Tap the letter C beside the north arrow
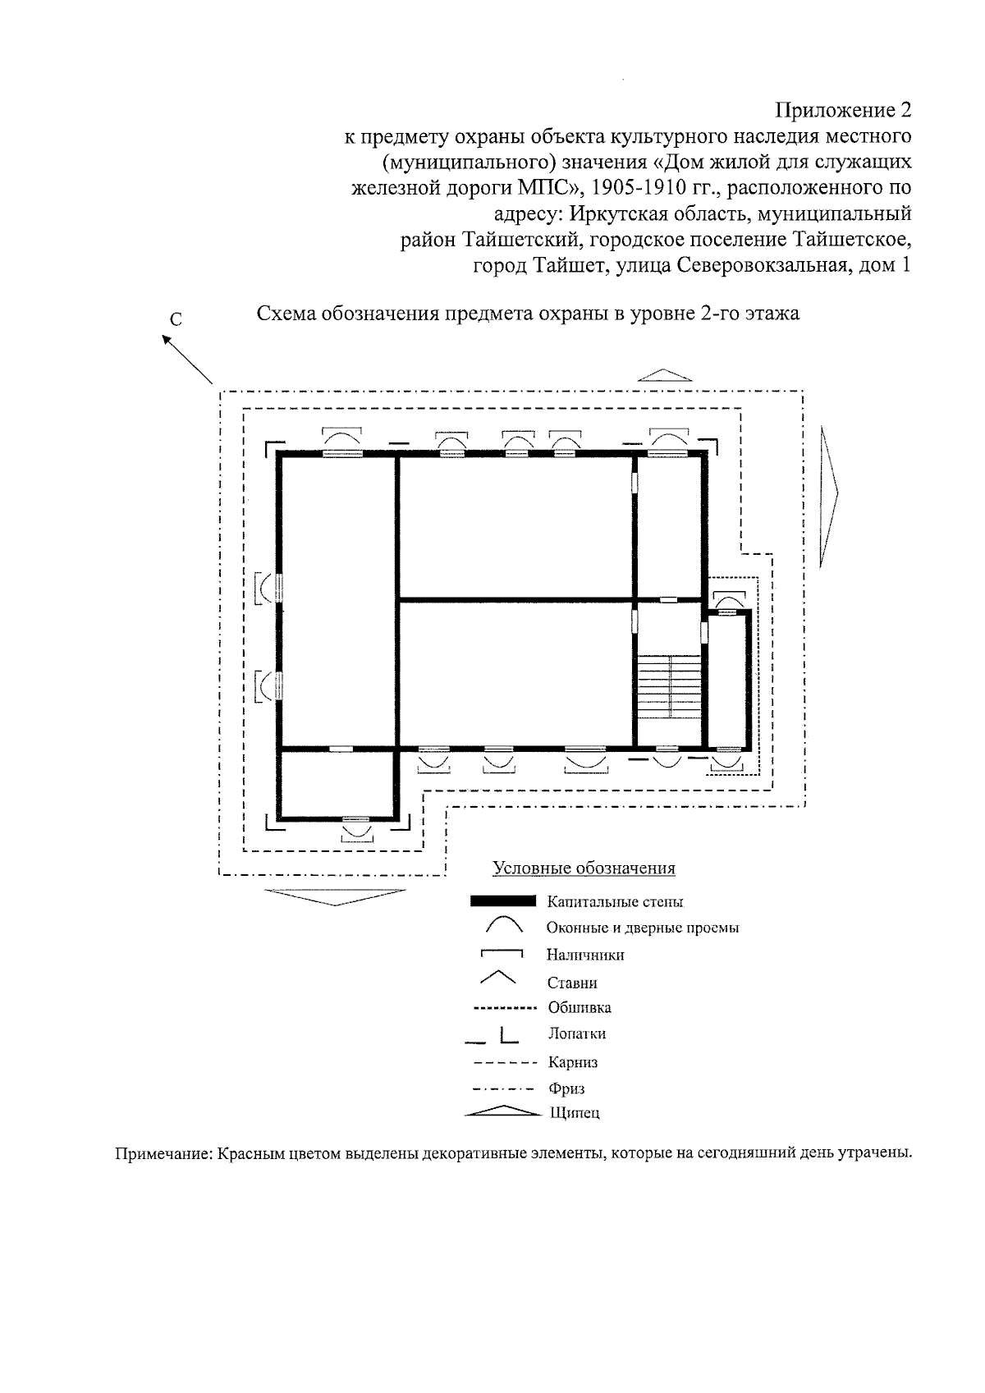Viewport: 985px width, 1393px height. (x=176, y=320)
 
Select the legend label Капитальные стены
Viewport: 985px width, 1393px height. (x=615, y=902)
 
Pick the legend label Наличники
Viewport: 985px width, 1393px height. (x=585, y=955)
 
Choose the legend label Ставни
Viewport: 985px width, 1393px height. (x=572, y=983)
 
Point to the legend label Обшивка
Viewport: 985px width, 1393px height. (x=580, y=1007)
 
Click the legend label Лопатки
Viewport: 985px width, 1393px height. (x=576, y=1034)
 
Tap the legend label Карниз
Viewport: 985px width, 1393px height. (x=573, y=1062)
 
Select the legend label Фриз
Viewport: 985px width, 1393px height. (x=566, y=1089)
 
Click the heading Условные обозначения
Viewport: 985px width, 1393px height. (x=584, y=868)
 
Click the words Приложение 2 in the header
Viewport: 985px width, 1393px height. (x=843, y=110)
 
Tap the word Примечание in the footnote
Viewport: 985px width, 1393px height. (x=163, y=1152)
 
